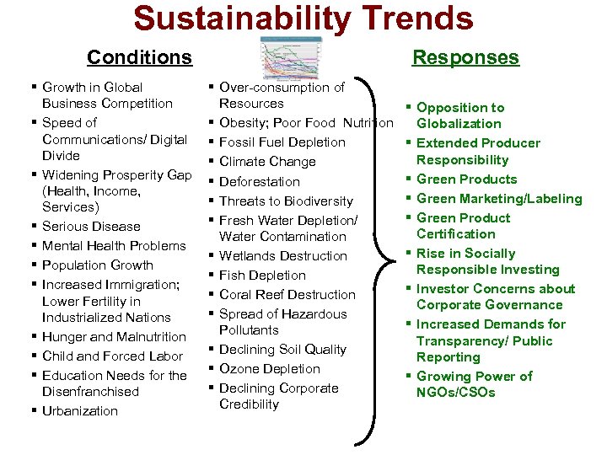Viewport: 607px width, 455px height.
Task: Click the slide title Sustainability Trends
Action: (303, 18)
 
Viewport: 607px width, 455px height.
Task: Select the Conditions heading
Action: (139, 57)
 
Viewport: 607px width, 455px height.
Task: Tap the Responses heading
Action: (465, 57)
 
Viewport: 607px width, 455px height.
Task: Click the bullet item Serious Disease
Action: (91, 227)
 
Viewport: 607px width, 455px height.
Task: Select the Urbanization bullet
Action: (80, 411)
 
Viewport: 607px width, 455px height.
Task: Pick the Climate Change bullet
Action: (267, 162)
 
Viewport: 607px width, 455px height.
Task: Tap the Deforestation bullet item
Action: (260, 181)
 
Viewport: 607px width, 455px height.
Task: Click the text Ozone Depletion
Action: (270, 369)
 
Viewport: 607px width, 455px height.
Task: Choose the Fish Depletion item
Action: (262, 276)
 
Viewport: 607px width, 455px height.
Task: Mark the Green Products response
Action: (466, 179)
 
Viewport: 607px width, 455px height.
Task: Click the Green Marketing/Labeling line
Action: (499, 199)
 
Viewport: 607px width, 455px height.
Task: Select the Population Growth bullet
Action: (98, 265)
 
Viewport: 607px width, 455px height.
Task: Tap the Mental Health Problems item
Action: (114, 246)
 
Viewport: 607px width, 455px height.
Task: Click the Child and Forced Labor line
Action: (114, 356)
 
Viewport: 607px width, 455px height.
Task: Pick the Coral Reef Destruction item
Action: (287, 295)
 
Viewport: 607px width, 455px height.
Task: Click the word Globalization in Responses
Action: (459, 124)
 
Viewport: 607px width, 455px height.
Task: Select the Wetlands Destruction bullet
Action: (283, 256)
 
